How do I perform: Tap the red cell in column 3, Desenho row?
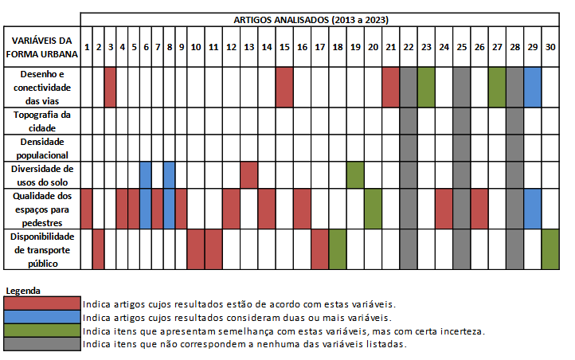(x=110, y=87)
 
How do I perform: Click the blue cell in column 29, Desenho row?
(x=532, y=87)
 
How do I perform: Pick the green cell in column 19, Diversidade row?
(x=355, y=174)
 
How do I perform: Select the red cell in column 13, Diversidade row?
(x=248, y=174)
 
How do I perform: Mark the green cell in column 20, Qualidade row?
(x=373, y=209)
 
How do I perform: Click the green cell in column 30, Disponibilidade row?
(x=550, y=248)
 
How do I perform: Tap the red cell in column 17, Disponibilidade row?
(x=319, y=248)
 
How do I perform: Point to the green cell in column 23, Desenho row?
(x=426, y=87)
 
